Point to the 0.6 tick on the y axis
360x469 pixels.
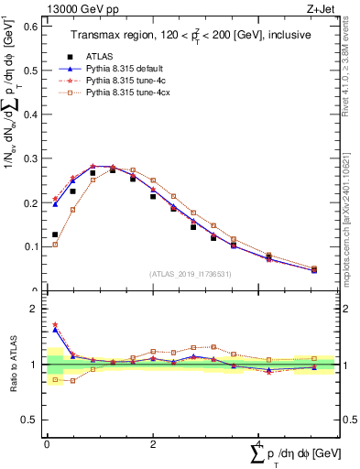32,27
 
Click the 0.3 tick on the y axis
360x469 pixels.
32,158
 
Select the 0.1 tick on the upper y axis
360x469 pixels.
32,246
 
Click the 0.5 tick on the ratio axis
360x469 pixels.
32,420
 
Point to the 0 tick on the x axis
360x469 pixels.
47,443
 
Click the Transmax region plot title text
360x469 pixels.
190,33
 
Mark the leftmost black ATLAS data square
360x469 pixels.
55,234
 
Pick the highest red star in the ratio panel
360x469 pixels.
55,324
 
